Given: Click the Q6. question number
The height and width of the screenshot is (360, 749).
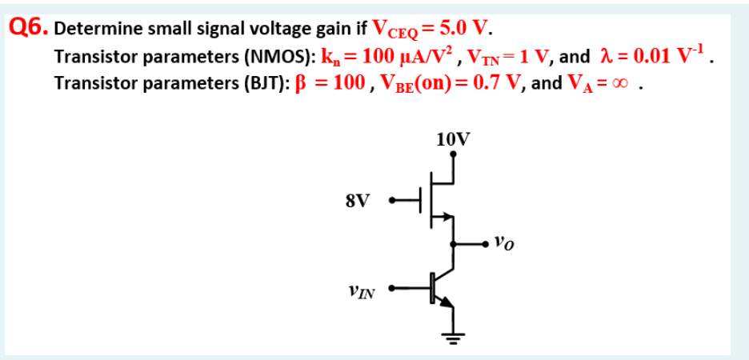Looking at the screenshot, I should pyautogui.click(x=28, y=27).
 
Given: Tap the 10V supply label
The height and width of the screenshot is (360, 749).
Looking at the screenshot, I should pyautogui.click(x=453, y=138).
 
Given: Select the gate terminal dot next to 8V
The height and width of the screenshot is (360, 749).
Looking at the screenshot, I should pyautogui.click(x=391, y=201).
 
